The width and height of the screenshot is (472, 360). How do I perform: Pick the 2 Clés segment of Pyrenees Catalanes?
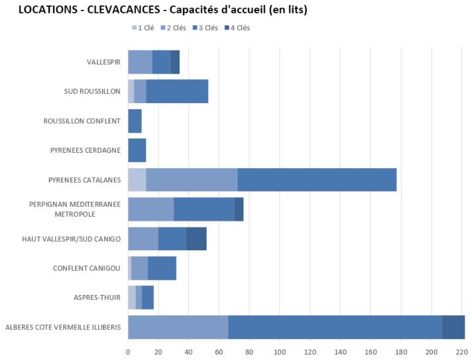point(192,180)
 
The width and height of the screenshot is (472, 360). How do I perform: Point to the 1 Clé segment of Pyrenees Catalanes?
point(137,180)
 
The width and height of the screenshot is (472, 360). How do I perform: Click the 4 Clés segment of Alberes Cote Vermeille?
point(454,327)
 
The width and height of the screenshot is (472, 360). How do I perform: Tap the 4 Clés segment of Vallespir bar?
point(175,62)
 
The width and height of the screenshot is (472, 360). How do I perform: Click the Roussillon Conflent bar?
point(135,121)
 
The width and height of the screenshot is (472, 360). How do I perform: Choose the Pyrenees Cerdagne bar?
point(137,150)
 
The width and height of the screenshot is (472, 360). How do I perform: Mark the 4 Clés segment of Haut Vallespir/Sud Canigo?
point(196,239)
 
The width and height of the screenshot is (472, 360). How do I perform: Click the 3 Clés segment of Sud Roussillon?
point(177,91)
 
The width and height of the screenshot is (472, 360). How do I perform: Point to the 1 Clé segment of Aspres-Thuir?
point(132,297)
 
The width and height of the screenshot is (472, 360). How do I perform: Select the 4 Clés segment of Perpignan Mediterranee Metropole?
point(239,209)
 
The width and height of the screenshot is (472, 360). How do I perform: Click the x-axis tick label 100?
point(280,352)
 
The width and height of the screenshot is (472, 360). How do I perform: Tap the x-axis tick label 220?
point(462,352)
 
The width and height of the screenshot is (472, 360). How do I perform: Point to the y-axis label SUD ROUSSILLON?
point(93,91)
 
